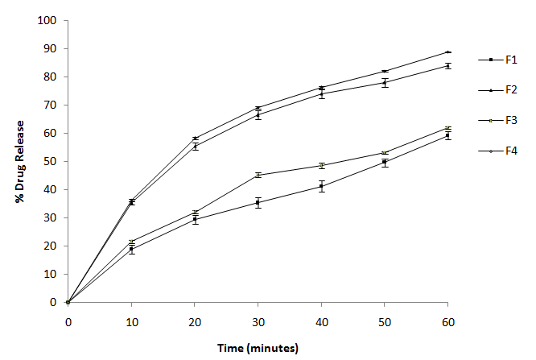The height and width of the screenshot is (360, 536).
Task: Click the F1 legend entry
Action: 509,60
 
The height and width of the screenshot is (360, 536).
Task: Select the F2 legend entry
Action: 509,89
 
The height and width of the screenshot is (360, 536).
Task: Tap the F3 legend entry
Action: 509,120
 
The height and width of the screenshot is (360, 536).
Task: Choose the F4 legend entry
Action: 509,151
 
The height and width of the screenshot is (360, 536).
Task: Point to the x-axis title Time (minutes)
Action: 258,348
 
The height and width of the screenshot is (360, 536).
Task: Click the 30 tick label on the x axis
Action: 258,322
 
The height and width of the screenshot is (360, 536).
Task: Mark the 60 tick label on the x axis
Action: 448,322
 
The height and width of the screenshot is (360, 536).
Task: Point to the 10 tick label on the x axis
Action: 131,322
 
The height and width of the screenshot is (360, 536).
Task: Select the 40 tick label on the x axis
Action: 321,322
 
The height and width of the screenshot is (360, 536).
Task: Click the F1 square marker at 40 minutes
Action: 321,186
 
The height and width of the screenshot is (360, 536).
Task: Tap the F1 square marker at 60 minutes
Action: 448,135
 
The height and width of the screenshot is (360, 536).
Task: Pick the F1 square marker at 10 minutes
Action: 131,250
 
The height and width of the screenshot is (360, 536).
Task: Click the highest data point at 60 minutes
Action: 448,52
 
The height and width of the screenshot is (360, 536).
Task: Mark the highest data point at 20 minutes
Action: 195,139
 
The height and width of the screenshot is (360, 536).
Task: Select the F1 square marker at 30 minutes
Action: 258,202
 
